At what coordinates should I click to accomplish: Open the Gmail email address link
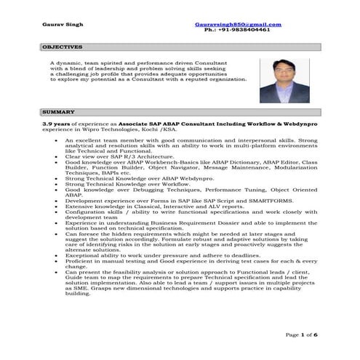click(x=238, y=25)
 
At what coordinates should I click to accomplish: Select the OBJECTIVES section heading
click(x=63, y=47)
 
